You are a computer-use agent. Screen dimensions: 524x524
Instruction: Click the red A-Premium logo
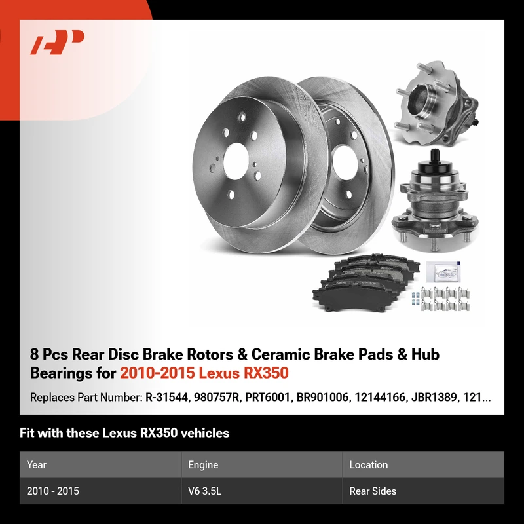pyautogui.click(x=57, y=42)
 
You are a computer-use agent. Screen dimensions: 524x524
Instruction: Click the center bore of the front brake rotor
pyautogui.click(x=236, y=162)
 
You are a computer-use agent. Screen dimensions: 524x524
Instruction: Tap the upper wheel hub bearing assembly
pyautogui.click(x=437, y=103)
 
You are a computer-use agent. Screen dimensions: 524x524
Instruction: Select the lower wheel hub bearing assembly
pyautogui.click(x=435, y=200)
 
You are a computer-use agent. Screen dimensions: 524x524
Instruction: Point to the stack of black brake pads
pyautogui.click(x=366, y=283)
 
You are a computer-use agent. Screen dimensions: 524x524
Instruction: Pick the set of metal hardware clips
pyautogui.click(x=441, y=299)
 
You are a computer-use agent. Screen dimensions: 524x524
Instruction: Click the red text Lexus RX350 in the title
pyautogui.click(x=244, y=373)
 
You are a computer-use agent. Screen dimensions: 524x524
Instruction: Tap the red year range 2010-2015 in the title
pyautogui.click(x=157, y=373)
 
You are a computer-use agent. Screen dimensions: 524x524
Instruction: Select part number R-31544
pyautogui.click(x=167, y=398)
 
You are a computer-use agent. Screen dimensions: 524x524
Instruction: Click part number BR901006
pyautogui.click(x=323, y=398)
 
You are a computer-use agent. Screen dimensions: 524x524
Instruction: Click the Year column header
pyautogui.click(x=37, y=464)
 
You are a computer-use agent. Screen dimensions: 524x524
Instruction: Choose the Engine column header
pyautogui.click(x=203, y=465)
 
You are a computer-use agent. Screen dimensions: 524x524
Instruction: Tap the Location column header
pyautogui.click(x=369, y=464)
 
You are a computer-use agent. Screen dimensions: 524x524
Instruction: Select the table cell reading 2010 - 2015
pyautogui.click(x=53, y=491)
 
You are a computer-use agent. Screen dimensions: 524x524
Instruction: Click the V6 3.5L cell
pyautogui.click(x=204, y=491)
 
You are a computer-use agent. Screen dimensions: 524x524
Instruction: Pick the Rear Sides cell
pyautogui.click(x=373, y=491)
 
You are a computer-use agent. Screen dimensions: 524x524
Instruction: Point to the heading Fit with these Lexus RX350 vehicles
pyautogui.click(x=124, y=433)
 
